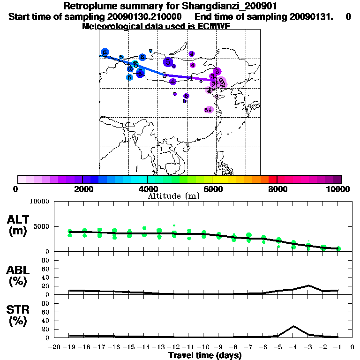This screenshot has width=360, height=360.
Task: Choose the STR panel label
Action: click(x=18, y=315)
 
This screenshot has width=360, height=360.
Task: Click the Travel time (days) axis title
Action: click(x=205, y=355)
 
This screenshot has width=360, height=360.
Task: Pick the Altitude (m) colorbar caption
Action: click(x=173, y=196)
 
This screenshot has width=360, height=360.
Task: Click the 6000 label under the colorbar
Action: click(x=212, y=189)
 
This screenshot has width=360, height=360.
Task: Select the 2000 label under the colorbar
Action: click(x=82, y=189)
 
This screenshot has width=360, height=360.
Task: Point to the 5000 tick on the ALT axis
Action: click(x=43, y=226)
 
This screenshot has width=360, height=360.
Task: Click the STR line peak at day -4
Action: click(x=293, y=326)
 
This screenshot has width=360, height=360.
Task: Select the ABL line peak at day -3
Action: click(x=308, y=285)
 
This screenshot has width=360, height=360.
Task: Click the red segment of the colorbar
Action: click(x=273, y=179)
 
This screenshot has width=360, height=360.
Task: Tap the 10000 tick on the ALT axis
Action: click(x=41, y=202)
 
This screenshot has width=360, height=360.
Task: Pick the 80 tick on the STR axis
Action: click(x=46, y=303)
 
